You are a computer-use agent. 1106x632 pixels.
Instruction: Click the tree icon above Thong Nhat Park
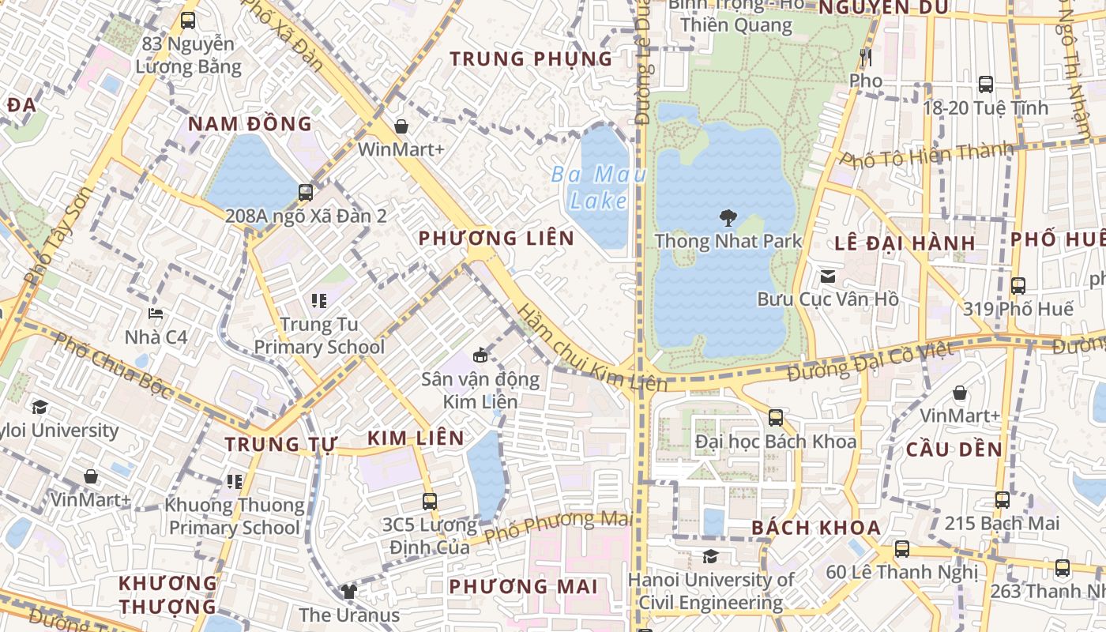[x=728, y=218]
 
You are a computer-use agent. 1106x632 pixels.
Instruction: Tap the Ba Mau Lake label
[x=599, y=187]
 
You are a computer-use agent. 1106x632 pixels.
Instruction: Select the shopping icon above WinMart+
[x=401, y=126]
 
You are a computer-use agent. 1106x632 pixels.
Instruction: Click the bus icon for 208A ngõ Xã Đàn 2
[x=306, y=192]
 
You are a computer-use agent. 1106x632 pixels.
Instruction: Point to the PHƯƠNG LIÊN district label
[x=496, y=238]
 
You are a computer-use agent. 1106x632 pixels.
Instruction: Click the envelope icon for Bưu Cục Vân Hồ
[x=828, y=276]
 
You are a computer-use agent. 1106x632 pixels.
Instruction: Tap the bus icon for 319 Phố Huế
[x=1018, y=286]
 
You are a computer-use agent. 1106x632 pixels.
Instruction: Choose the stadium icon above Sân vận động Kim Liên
[x=480, y=355]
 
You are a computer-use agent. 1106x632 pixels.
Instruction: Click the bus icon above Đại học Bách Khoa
[x=776, y=418]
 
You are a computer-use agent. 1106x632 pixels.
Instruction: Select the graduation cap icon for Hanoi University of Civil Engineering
[x=710, y=557]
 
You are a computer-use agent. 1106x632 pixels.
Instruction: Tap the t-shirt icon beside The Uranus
[x=348, y=591]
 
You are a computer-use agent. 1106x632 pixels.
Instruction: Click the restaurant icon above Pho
[x=866, y=58]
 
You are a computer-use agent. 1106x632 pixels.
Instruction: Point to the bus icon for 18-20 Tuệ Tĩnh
[x=986, y=85]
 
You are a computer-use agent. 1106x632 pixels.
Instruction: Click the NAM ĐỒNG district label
[x=250, y=124]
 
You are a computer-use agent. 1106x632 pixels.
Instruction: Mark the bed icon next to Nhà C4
[x=156, y=314]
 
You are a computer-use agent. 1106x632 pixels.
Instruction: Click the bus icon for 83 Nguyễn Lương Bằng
[x=188, y=21]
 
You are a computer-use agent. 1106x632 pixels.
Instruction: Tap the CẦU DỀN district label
[x=954, y=450]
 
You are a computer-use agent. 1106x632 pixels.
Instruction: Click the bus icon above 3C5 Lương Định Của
[x=430, y=501]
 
